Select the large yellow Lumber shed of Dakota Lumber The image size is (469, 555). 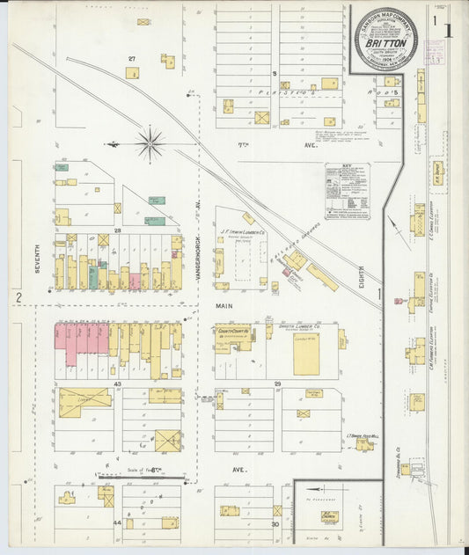(x=306, y=353)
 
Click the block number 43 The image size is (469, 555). (x=117, y=384)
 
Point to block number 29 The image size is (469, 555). (x=276, y=384)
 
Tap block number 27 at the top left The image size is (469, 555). (x=132, y=59)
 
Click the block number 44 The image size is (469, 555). (x=117, y=522)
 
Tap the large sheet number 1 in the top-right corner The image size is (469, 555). (x=449, y=32)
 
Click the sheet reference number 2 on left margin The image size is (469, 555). (x=17, y=299)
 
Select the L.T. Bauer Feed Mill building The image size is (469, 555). (x=363, y=445)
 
